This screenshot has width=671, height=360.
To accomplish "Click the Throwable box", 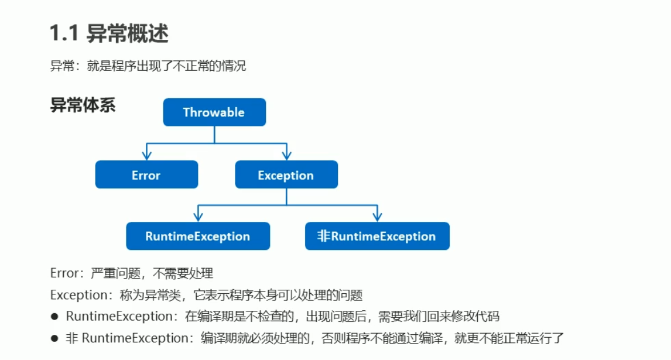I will (x=214, y=112).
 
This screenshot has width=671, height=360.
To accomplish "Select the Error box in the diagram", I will (x=146, y=174).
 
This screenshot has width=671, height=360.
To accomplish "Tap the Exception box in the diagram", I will (x=286, y=174).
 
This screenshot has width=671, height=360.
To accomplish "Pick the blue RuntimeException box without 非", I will (x=198, y=236).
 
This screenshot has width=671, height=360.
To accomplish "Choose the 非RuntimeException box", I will (x=377, y=236).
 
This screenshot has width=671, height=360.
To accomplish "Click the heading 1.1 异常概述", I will (x=109, y=34).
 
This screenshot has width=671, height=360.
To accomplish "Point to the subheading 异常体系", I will (x=83, y=105).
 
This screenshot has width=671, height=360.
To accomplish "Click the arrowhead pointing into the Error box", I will (x=146, y=155).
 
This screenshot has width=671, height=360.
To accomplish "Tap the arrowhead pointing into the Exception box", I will (x=286, y=155).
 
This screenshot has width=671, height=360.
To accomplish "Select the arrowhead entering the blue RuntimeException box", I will (x=198, y=217).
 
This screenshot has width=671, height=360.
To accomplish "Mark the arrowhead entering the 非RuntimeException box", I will (x=377, y=217).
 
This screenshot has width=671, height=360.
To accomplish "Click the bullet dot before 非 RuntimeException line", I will (x=54, y=338).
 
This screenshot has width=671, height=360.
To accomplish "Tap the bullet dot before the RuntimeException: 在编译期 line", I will (x=54, y=317).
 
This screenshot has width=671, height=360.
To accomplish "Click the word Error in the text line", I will (x=64, y=273).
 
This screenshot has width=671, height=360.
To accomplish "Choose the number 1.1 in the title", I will (x=64, y=34).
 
